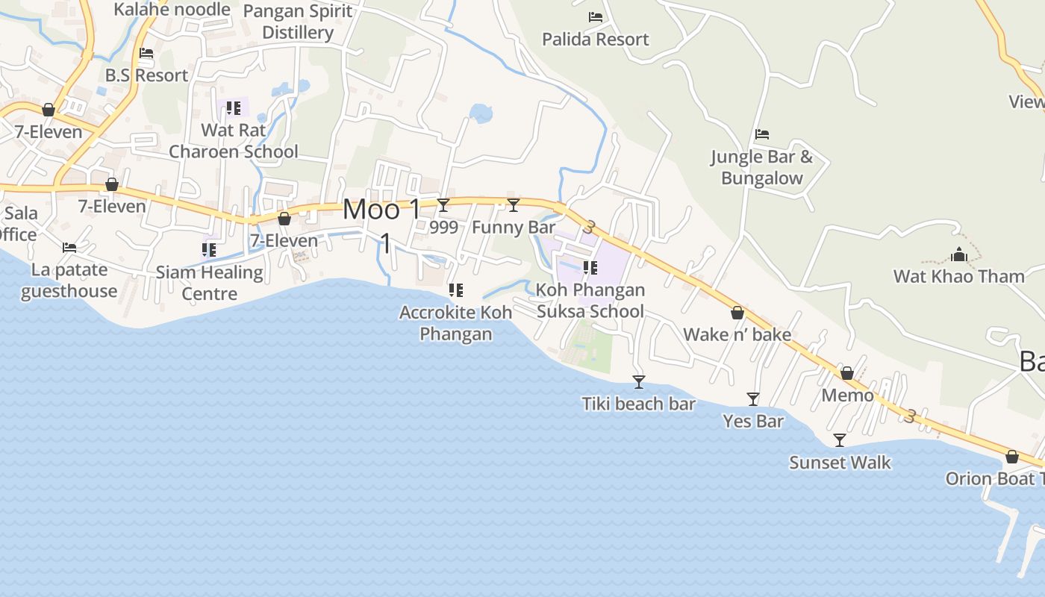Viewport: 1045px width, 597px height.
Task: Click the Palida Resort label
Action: click(595, 40)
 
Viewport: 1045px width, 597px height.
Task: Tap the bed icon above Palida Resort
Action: click(595, 16)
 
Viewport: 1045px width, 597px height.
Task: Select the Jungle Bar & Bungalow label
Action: click(761, 167)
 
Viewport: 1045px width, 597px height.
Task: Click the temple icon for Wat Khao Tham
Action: click(959, 255)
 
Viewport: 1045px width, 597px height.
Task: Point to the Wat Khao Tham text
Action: click(959, 277)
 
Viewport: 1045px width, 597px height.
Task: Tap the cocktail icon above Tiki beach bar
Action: click(638, 382)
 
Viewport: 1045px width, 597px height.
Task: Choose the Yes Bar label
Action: click(753, 422)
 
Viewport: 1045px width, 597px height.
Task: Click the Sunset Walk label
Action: click(840, 463)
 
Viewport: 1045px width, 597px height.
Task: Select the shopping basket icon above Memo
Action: click(847, 373)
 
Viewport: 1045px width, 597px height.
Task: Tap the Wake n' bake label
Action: click(737, 334)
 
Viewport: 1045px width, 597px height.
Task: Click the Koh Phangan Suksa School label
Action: click(590, 301)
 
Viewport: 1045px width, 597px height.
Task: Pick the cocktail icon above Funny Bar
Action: click(514, 205)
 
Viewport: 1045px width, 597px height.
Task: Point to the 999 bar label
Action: click(444, 228)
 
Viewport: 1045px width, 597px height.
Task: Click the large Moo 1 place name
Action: click(382, 210)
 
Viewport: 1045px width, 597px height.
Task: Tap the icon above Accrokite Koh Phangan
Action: click(455, 290)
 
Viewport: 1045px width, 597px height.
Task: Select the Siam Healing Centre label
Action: click(210, 283)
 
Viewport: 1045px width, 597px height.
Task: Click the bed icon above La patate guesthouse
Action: click(69, 248)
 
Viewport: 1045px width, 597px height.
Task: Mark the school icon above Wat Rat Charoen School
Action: click(234, 109)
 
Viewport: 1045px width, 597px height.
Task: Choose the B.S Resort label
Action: click(146, 75)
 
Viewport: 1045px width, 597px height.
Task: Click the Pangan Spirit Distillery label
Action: click(298, 22)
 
